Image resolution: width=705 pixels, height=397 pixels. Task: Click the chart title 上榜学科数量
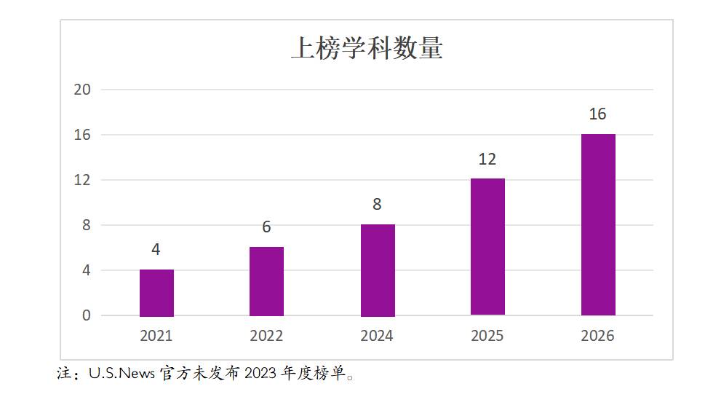367,47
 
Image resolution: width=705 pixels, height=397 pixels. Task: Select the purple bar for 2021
156,293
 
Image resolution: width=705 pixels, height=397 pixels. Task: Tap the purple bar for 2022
266,282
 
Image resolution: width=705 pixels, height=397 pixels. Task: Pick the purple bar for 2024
378,270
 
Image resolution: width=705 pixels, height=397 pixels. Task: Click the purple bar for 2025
488,247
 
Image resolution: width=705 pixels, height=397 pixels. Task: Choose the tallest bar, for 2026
598,225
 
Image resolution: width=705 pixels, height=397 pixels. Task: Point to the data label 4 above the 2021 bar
156,249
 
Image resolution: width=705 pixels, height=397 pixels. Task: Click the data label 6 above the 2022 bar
266,227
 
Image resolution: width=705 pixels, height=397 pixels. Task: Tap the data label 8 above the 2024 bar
377,205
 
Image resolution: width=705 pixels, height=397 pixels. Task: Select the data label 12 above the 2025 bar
487,159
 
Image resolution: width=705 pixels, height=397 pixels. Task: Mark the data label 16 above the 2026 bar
597,114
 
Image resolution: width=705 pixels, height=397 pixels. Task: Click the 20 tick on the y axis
82,90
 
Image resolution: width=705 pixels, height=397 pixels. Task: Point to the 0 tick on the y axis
87,315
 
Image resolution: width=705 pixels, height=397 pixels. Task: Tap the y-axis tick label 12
82,180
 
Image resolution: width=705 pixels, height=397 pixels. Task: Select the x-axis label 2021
156,336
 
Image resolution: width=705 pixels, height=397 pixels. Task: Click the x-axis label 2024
377,336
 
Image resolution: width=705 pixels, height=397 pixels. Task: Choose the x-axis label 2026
597,336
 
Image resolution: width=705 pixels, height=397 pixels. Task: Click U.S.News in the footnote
122,373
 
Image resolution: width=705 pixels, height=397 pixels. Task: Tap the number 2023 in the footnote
260,373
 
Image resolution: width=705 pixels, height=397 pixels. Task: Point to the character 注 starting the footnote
64,373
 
